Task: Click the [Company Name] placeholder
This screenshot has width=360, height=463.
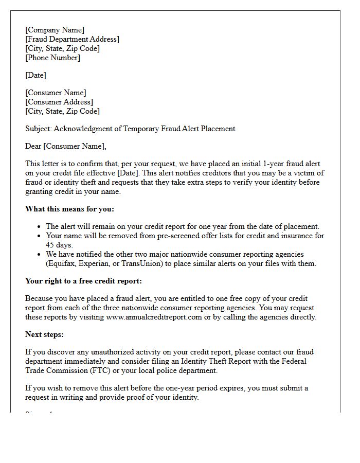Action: pyautogui.click(x=55, y=30)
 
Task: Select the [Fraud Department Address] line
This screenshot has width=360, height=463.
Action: pyautogui.click(x=72, y=39)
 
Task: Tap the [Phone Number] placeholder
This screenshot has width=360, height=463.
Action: pyautogui.click(x=52, y=58)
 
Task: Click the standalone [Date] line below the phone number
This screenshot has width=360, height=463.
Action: pyautogui.click(x=35, y=75)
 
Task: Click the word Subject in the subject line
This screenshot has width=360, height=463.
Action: pyautogui.click(x=38, y=129)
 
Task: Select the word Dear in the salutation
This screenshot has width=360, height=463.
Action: pyautogui.click(x=33, y=146)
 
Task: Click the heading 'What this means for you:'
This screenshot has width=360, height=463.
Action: pyautogui.click(x=69, y=209)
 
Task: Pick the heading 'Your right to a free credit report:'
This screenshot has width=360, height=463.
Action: pyautogui.click(x=83, y=281)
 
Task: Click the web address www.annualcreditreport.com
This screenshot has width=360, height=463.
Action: pyautogui.click(x=154, y=317)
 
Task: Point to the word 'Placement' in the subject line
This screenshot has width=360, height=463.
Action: pyautogui.click(x=218, y=129)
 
